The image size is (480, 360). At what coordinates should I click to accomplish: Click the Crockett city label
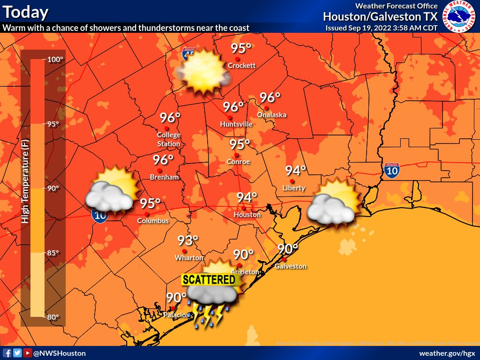[x=241, y=66]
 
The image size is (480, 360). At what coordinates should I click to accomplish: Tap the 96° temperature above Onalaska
[x=270, y=97]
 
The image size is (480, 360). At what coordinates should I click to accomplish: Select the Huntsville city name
[x=236, y=124]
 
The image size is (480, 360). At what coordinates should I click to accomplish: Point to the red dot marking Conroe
[x=237, y=155]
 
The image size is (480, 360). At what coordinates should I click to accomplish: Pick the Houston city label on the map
[x=247, y=215]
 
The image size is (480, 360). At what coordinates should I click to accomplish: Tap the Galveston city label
[x=291, y=266]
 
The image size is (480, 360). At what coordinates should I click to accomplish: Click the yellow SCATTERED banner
[x=209, y=280]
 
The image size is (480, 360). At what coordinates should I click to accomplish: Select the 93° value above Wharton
[x=187, y=241]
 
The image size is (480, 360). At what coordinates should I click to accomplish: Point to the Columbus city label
[x=153, y=221]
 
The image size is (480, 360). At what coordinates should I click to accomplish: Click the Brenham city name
[x=164, y=177]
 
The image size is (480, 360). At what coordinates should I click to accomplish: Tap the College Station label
[x=169, y=139]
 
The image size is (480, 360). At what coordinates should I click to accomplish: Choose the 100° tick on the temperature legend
[x=55, y=60]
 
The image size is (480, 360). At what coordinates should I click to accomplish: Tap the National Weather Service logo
[x=459, y=16]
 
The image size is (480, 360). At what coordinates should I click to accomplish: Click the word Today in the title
[x=25, y=12]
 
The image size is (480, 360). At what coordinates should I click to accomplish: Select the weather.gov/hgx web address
[x=447, y=353]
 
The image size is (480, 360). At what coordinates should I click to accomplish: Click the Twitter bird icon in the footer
[x=17, y=353]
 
